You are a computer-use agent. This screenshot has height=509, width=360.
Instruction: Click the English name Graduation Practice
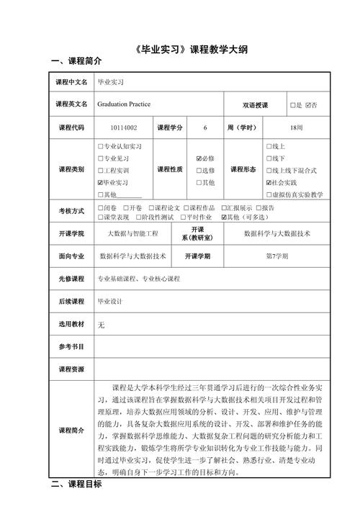point(123,104)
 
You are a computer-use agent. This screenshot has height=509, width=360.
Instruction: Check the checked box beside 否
point(308,105)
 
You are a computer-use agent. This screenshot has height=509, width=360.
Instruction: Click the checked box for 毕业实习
point(100,183)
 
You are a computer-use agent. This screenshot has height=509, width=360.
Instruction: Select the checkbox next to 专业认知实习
point(100,146)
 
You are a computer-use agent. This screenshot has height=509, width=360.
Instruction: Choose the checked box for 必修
point(199,158)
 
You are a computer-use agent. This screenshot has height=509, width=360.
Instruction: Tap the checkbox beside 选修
point(199,171)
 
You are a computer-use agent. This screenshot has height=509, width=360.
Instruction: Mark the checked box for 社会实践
point(269,183)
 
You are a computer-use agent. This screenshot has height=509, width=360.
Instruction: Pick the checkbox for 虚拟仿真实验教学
point(269,195)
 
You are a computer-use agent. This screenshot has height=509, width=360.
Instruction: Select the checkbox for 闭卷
point(100,207)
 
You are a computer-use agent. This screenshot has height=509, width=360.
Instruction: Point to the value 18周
point(296,127)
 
